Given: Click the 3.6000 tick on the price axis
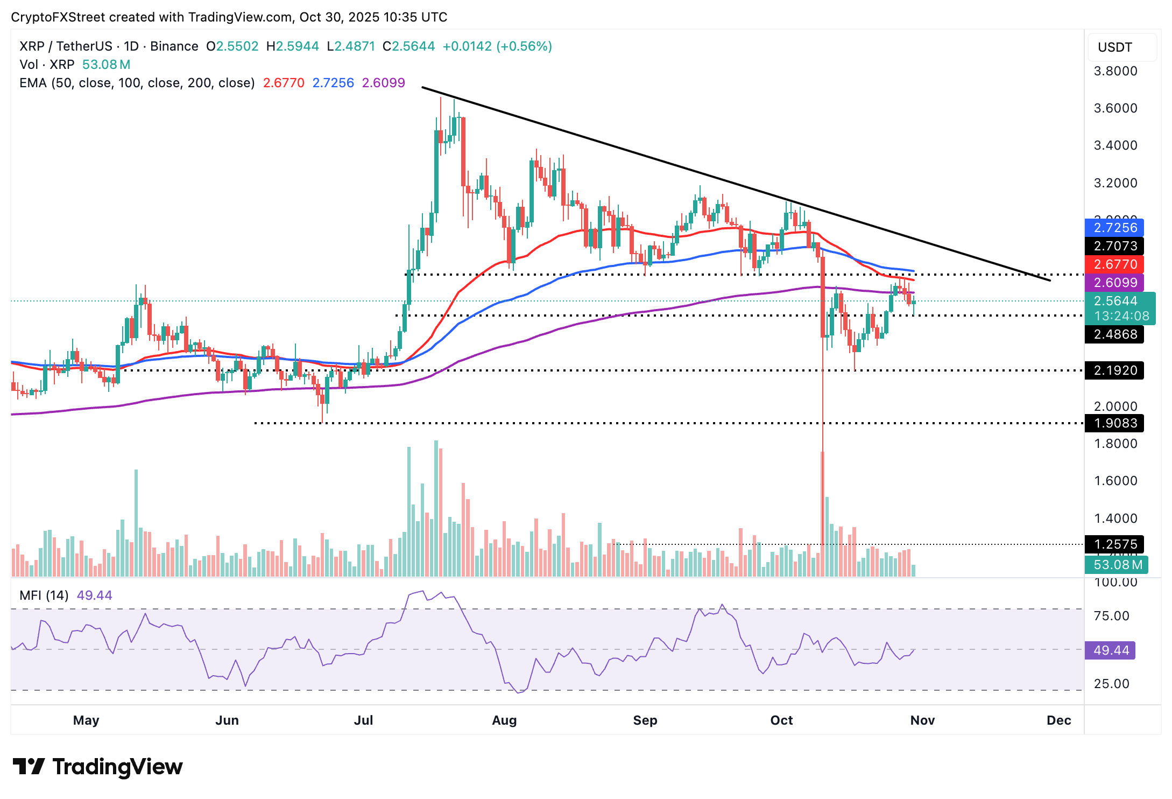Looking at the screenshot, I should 1115,108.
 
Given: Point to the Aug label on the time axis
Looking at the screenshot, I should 504,720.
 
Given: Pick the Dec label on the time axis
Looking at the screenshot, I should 1058,720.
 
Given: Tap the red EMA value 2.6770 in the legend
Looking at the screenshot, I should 284,83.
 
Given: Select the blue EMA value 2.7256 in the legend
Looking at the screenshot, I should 333,83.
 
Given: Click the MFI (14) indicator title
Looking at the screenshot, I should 44,595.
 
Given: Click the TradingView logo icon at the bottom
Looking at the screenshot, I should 29,766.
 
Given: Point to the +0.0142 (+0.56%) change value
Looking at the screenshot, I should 497,46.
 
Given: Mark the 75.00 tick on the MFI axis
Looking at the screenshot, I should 1111,616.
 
